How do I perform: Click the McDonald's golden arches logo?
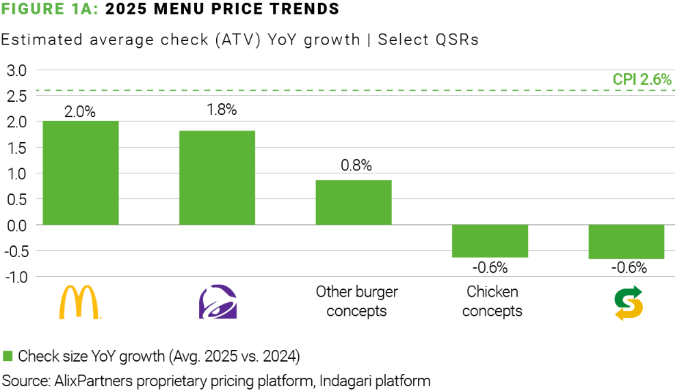coord(81,302)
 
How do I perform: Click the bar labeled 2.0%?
coord(81,173)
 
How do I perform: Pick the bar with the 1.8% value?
coord(218,178)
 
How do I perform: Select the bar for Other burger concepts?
coord(354,202)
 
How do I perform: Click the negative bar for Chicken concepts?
coord(490,241)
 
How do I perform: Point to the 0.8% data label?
coord(354,165)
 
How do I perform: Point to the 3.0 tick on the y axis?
coord(16,70)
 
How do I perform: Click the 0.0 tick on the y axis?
coord(16,225)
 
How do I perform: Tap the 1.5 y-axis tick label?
coord(16,148)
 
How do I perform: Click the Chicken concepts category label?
coord(492,301)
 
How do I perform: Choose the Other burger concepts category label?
coord(356,301)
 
